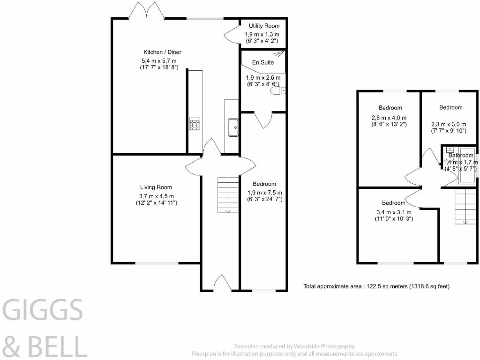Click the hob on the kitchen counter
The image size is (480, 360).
[195, 124]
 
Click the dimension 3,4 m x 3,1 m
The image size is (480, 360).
[393, 211]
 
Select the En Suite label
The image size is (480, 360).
[263, 62]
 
